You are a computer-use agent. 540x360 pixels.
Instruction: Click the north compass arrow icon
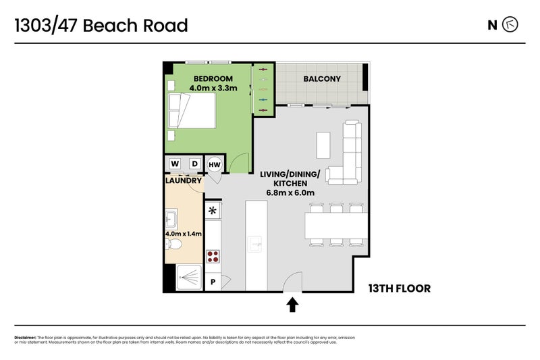(510, 25)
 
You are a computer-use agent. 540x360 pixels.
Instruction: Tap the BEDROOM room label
(213, 78)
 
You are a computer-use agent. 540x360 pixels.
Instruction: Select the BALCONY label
(322, 78)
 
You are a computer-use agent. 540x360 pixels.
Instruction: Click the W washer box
(175, 163)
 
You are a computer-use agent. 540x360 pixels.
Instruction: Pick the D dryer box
(195, 163)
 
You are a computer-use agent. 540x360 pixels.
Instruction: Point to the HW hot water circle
(214, 165)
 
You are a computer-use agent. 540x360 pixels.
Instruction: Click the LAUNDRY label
(183, 180)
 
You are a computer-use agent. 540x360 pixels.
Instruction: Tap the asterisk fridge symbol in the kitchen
(213, 210)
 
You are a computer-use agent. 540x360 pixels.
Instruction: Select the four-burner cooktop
(213, 257)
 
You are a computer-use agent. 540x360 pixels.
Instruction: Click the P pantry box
(213, 282)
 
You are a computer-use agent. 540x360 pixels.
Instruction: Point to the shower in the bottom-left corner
(189, 278)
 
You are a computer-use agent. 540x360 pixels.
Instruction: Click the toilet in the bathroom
(173, 245)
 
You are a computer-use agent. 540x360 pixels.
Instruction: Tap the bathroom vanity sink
(171, 219)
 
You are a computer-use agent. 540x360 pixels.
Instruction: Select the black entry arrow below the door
(292, 305)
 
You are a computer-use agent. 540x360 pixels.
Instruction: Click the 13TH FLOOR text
(400, 288)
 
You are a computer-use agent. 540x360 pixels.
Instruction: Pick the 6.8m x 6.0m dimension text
(290, 192)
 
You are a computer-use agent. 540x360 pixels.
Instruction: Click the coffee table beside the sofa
(323, 145)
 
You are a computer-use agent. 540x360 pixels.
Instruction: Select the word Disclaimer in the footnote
(25, 338)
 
